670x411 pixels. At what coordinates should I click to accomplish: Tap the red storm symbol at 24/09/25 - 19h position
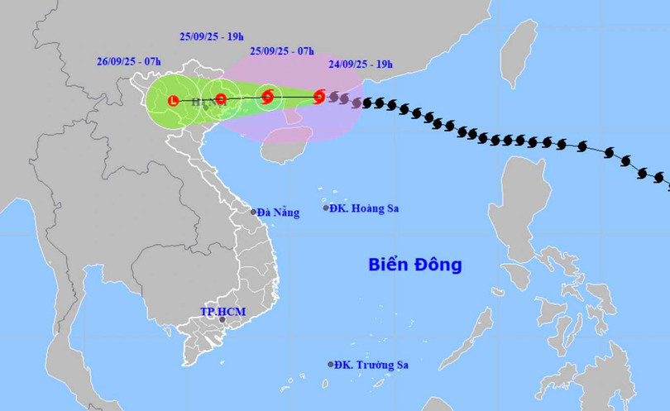[319, 98]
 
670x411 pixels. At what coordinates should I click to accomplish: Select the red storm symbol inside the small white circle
[267, 98]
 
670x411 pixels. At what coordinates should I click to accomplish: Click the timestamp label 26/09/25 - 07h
[129, 60]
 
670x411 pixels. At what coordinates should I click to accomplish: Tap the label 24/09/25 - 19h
[360, 62]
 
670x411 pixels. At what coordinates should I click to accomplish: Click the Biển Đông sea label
[414, 265]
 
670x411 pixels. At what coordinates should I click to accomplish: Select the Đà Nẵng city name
[278, 213]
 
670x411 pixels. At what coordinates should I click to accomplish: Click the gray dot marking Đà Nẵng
[254, 212]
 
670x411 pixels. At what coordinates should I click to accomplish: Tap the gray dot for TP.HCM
[222, 319]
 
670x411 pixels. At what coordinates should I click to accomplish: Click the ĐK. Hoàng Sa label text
[365, 208]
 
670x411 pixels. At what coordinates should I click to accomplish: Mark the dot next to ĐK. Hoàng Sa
[327, 208]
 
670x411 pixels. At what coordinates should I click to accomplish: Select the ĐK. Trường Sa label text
[373, 365]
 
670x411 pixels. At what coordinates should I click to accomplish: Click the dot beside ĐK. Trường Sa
[331, 364]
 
